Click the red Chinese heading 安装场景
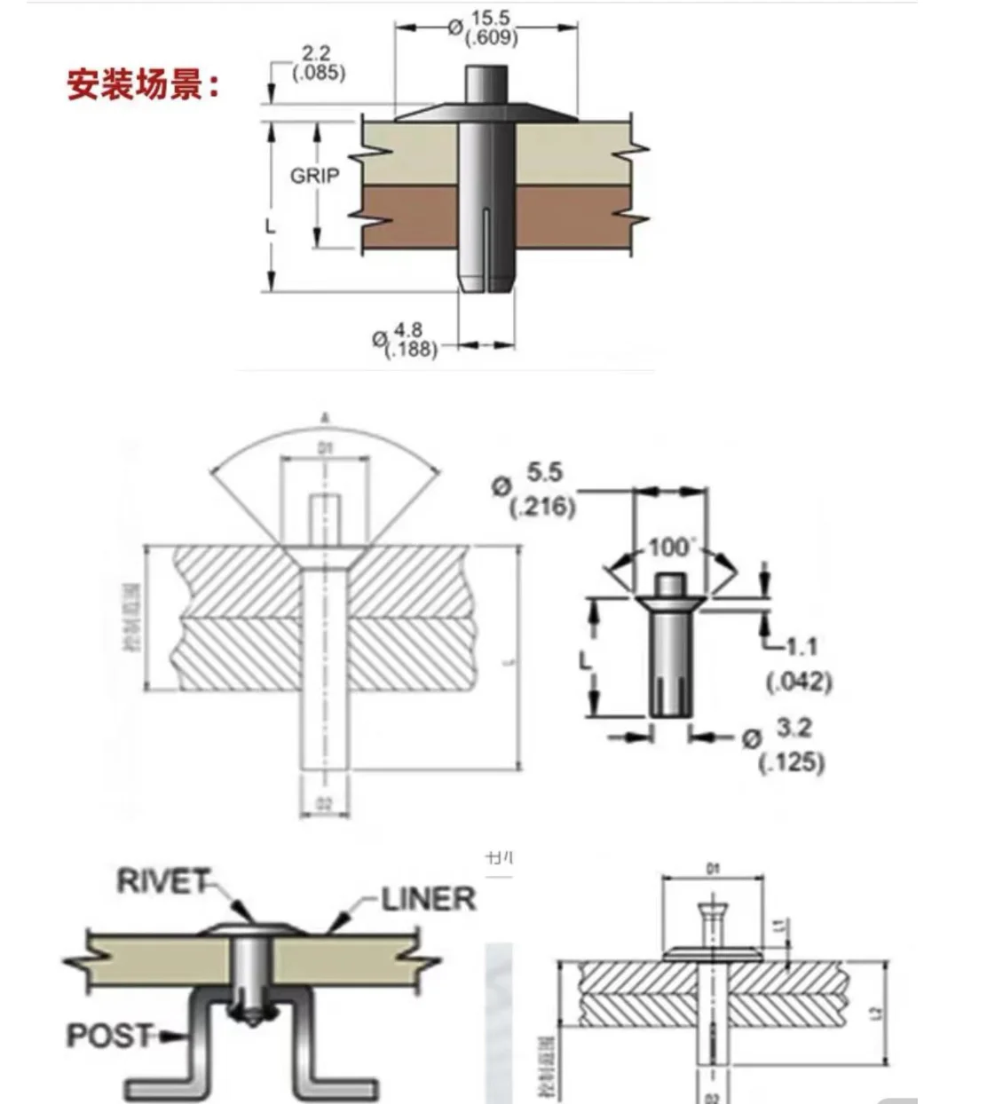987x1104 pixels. [142, 86]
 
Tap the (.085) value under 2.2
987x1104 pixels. [320, 72]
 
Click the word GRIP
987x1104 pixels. [314, 176]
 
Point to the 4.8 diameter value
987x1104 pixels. [408, 333]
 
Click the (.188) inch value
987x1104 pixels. [411, 350]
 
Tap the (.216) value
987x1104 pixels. [542, 507]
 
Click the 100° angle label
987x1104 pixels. [668, 547]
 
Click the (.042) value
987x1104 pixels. [798, 682]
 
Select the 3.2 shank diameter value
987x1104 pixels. [794, 728]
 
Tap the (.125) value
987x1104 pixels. [792, 761]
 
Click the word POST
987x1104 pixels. [109, 1035]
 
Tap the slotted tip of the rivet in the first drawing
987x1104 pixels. [486, 279]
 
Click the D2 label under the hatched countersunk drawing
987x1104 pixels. [324, 804]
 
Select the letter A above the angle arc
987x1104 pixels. [325, 416]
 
